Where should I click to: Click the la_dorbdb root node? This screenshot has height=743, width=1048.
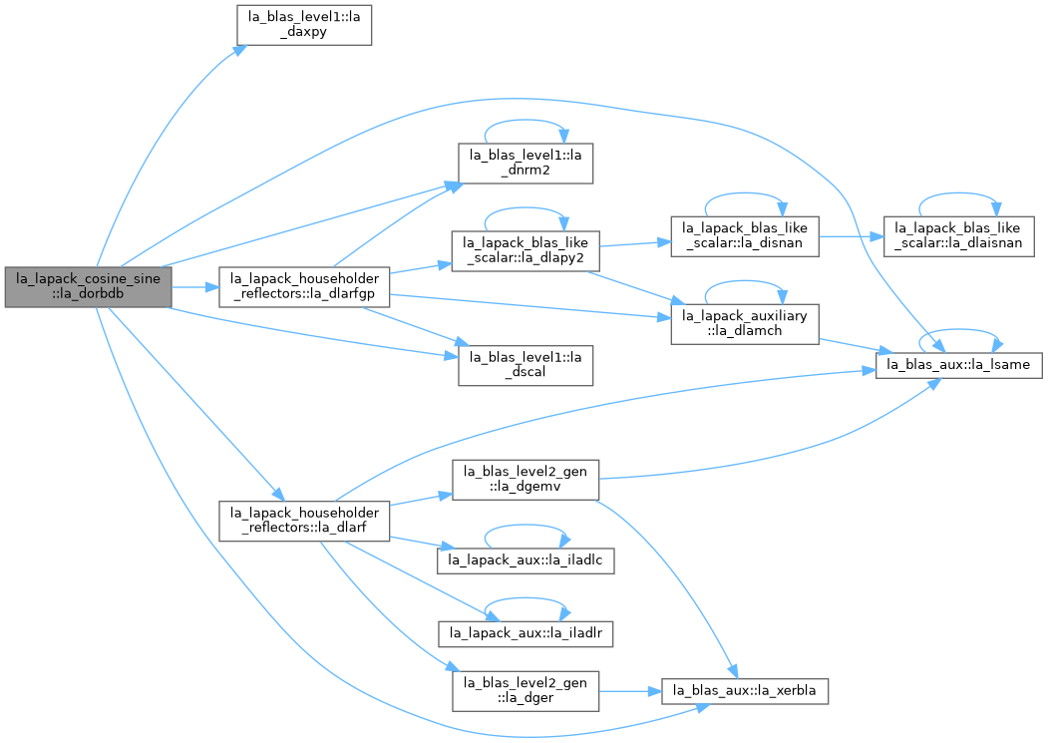(88, 287)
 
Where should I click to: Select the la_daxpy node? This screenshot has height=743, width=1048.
(304, 25)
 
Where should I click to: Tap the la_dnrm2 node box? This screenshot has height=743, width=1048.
(525, 164)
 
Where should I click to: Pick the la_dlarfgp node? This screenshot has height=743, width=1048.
(304, 287)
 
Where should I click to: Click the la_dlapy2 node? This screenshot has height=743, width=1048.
(525, 250)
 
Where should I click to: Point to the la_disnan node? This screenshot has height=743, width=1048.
(745, 236)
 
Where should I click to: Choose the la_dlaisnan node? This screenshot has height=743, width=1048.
(958, 236)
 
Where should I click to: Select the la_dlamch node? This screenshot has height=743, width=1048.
(745, 324)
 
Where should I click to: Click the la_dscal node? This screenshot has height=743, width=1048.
(525, 365)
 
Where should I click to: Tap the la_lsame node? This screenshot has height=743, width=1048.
(958, 364)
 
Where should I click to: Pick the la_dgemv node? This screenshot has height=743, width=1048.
(525, 480)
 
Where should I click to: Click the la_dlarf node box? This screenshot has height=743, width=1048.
(304, 521)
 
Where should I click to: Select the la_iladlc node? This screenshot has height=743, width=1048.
(525, 560)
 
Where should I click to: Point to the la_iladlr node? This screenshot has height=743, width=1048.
(525, 633)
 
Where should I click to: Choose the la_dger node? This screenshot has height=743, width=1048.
(525, 691)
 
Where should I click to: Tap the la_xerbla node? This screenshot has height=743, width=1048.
(745, 691)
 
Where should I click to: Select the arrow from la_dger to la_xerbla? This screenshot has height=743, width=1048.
(630, 691)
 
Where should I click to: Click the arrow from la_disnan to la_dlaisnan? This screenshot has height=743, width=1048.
(851, 236)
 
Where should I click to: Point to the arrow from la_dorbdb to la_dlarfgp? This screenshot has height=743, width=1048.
(195, 287)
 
